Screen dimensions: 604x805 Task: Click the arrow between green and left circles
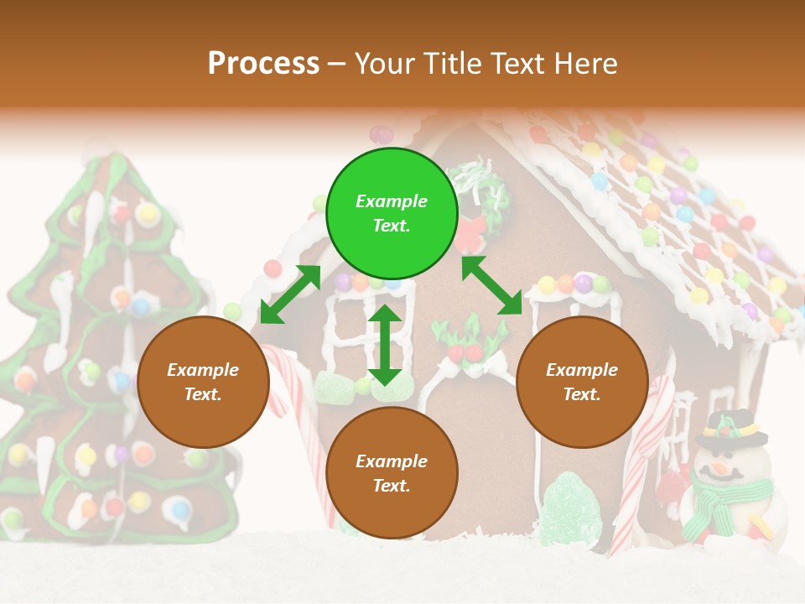290,294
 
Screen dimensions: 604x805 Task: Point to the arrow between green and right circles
492,286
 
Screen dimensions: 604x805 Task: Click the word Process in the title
263,63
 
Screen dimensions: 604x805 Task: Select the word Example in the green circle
392,201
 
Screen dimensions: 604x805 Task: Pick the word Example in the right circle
582,370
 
